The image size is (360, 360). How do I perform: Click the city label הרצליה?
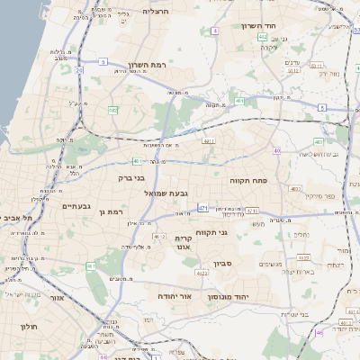pos(156,11)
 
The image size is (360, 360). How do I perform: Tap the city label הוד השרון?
pos(257,25)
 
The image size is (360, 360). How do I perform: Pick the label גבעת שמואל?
pos(166,193)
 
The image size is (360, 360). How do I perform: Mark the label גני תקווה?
pos(235,232)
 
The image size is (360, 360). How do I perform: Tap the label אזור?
pos(58,297)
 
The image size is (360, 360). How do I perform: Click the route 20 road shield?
pos(79,69)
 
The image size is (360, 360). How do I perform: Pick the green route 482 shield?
pos(112,110)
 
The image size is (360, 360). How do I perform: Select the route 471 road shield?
pos(202,207)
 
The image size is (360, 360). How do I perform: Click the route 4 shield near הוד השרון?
pos(215,31)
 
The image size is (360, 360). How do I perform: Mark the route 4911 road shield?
pos(208,140)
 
